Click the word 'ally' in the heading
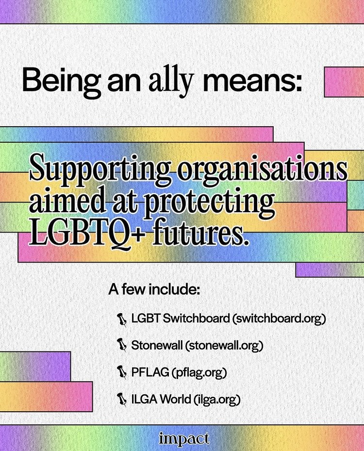[x=170, y=81]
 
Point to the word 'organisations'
[x=262, y=171]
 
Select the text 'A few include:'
[x=154, y=290]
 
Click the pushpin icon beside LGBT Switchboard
[x=122, y=320]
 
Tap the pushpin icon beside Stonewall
[x=122, y=345]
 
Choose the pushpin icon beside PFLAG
[x=122, y=372]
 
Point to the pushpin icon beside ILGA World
[x=122, y=399]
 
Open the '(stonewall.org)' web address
[x=224, y=345]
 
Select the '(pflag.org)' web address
[x=199, y=372]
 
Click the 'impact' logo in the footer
[x=184, y=439]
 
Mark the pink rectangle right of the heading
[x=344, y=82]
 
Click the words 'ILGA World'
[x=161, y=399]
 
